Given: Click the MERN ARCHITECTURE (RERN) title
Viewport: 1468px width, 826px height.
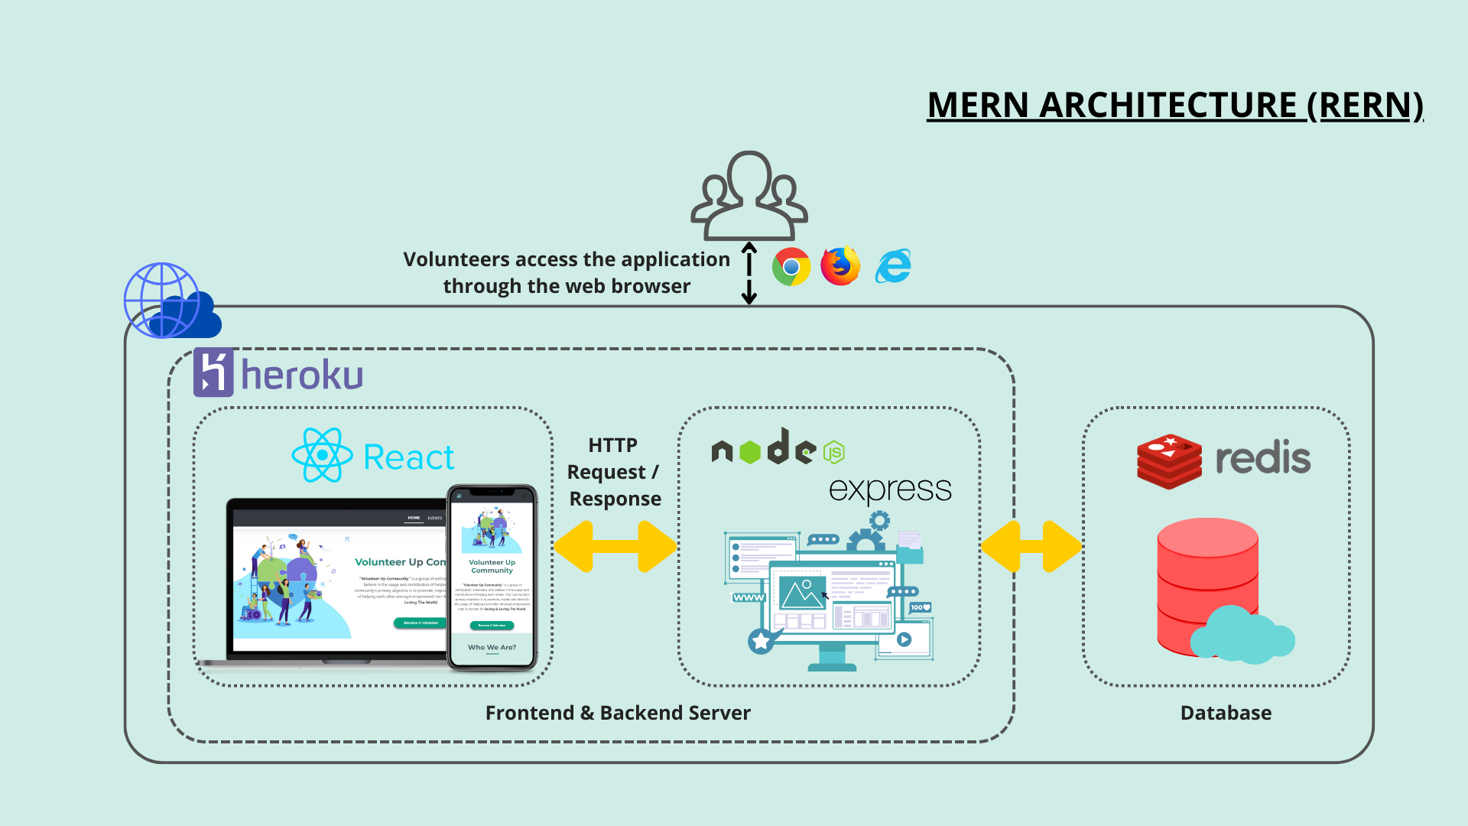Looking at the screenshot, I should pyautogui.click(x=1174, y=106).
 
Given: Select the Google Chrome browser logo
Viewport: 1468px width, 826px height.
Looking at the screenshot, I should pyautogui.click(x=791, y=266).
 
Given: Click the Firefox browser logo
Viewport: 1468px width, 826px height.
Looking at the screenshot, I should pyautogui.click(x=840, y=266).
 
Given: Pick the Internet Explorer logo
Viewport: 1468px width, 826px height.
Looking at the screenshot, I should pyautogui.click(x=893, y=266).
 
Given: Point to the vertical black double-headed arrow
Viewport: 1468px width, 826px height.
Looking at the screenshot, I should pyautogui.click(x=749, y=273).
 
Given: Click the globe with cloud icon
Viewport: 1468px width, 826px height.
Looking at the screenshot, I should pyautogui.click(x=170, y=301).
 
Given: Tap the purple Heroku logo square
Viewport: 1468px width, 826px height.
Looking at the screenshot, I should pyautogui.click(x=213, y=372).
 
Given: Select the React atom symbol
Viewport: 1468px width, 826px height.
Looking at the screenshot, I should pyautogui.click(x=322, y=455).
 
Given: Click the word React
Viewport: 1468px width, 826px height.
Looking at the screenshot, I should pyautogui.click(x=408, y=458).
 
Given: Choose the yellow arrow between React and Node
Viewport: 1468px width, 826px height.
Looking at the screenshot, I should pyautogui.click(x=615, y=546).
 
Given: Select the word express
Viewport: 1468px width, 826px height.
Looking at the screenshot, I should pyautogui.click(x=890, y=489).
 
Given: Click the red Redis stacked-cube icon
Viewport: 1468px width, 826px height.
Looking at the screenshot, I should pyautogui.click(x=1169, y=461).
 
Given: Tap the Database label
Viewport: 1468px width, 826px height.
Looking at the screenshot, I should pyautogui.click(x=1226, y=713).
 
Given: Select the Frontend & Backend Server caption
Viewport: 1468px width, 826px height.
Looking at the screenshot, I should pyautogui.click(x=618, y=713).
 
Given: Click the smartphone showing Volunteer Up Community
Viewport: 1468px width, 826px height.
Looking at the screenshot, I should pyautogui.click(x=492, y=577).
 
